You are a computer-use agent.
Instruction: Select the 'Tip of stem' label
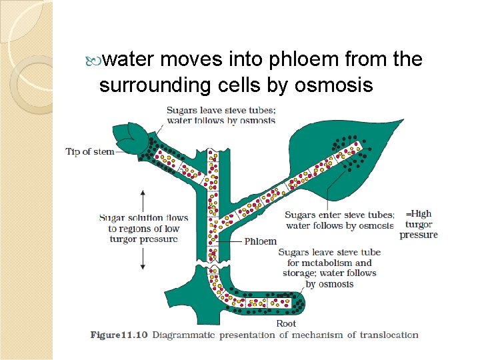click(90, 151)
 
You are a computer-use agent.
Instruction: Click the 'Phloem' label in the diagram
click(261, 241)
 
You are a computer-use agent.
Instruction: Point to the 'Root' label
click(287, 324)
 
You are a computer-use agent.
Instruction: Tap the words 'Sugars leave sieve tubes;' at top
click(221, 111)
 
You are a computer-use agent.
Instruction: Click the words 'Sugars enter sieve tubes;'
click(339, 215)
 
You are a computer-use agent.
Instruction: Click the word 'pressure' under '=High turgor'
click(419, 235)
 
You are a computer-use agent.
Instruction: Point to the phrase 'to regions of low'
click(143, 229)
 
